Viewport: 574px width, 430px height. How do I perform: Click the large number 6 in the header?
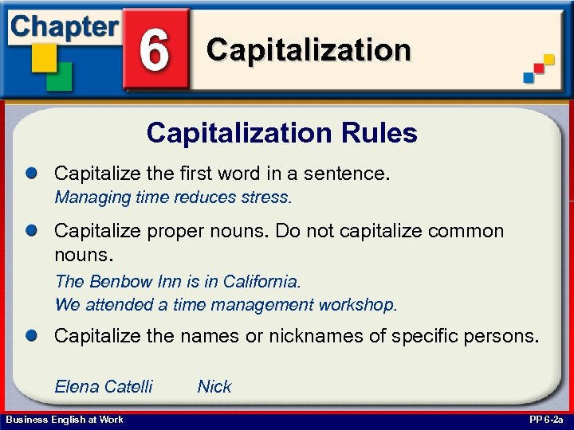click(x=154, y=49)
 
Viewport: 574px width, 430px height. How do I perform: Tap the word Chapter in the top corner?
click(x=64, y=25)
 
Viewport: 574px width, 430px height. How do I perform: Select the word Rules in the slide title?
click(x=379, y=133)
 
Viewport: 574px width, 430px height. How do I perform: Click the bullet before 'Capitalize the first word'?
click(x=32, y=173)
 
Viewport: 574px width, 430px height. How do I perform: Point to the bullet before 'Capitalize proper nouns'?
click(x=32, y=231)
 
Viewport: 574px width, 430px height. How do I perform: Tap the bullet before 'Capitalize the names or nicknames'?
click(x=32, y=336)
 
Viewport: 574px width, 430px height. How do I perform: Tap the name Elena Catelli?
click(x=104, y=387)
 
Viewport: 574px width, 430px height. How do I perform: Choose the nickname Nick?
click(x=214, y=387)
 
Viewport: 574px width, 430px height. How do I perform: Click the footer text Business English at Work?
click(x=65, y=420)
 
